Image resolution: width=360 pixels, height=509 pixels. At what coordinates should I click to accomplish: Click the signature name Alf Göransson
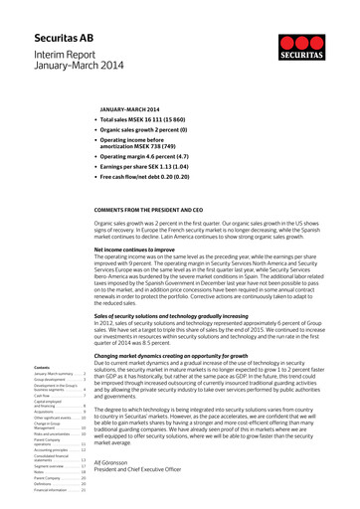pos(144,462)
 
